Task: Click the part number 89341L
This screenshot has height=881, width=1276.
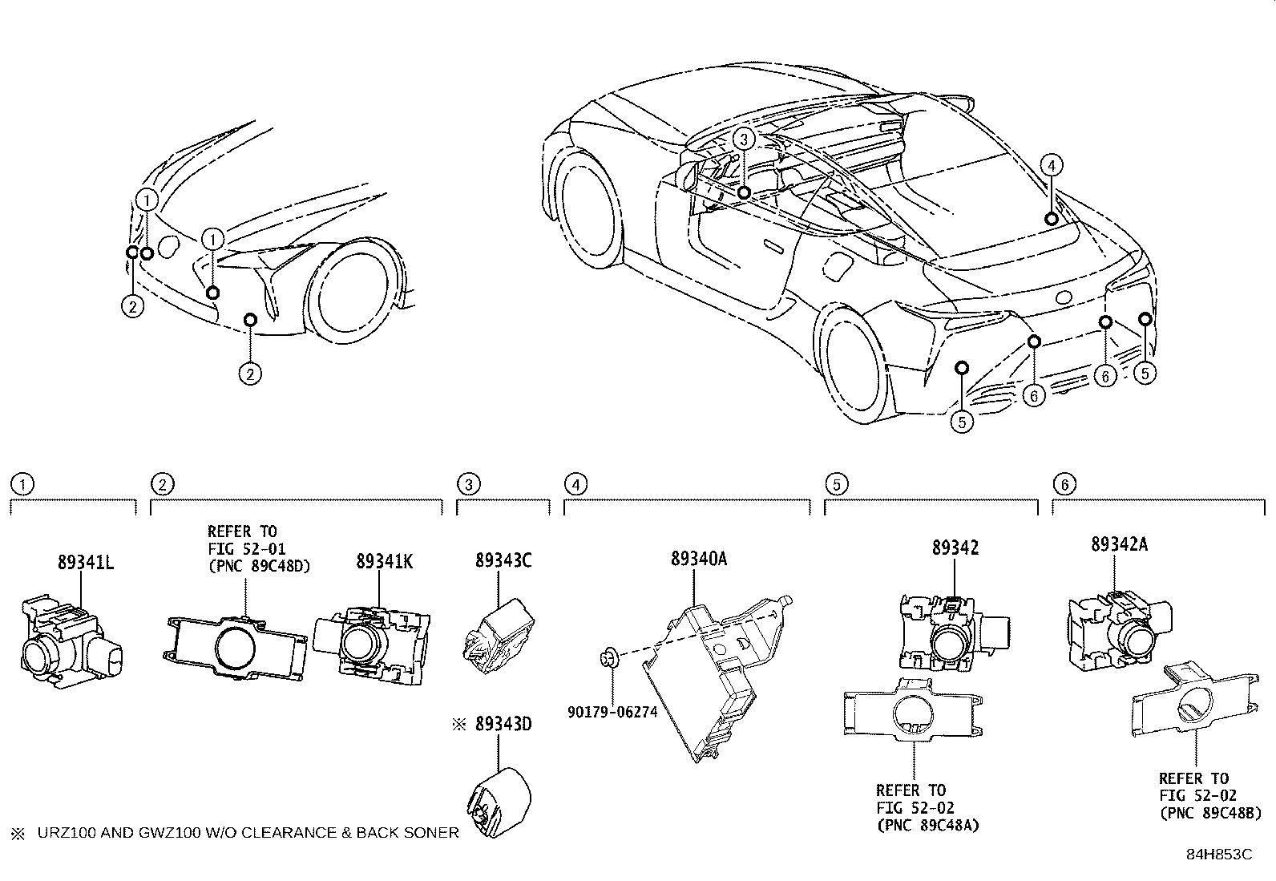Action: (x=85, y=562)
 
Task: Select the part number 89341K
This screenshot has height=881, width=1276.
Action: (x=385, y=562)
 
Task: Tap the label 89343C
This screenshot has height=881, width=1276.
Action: (x=503, y=560)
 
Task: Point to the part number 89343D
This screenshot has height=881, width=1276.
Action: (x=503, y=724)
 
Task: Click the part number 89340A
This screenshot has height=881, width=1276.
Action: (x=699, y=559)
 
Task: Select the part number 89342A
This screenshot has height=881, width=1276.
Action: (x=1119, y=544)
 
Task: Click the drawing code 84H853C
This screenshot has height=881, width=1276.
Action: (x=1218, y=855)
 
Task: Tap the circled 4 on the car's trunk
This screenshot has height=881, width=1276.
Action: (x=1052, y=165)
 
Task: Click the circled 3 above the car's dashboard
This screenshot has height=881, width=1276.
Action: (x=744, y=139)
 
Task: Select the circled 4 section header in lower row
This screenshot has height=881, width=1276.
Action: (x=575, y=484)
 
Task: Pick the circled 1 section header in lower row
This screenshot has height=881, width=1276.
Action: (x=22, y=484)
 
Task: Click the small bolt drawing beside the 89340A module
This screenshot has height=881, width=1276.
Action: (x=608, y=660)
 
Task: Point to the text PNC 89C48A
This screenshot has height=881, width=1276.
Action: (x=928, y=825)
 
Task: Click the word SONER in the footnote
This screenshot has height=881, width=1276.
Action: (x=432, y=833)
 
